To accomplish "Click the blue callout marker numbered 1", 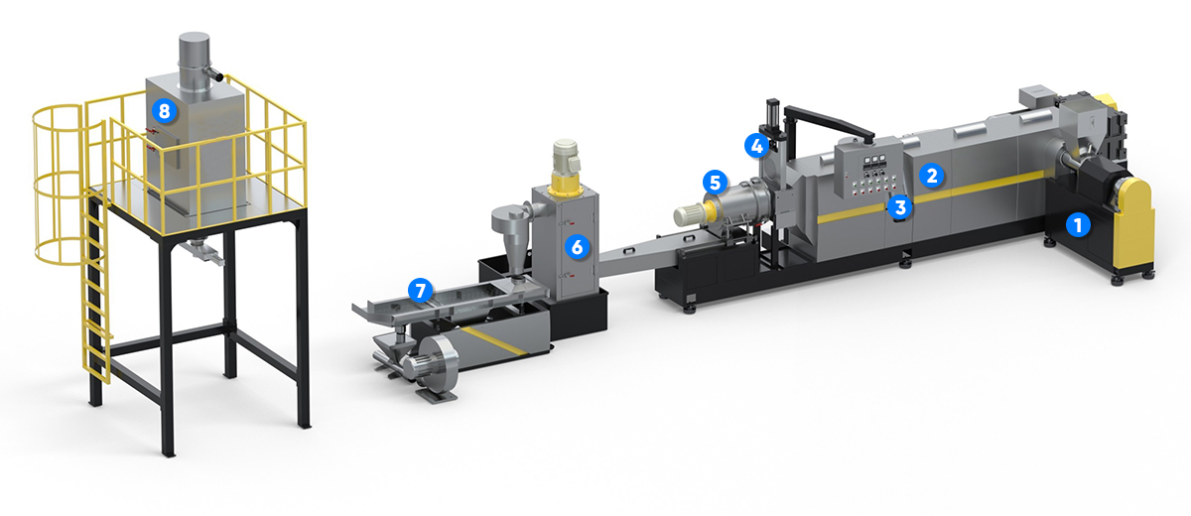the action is [x=1078, y=225].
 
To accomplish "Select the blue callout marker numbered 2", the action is [x=932, y=176].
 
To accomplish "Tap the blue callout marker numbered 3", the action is [x=899, y=206].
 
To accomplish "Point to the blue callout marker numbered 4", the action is [x=756, y=145].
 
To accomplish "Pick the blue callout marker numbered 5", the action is [x=716, y=183].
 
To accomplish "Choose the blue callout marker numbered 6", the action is [x=577, y=246].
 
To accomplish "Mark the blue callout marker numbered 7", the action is [x=420, y=290].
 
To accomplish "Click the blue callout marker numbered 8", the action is [x=164, y=111].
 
